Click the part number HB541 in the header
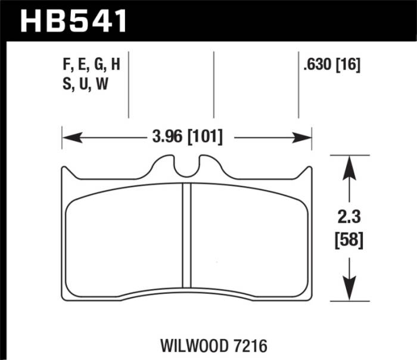(75, 21)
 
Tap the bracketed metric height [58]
(350, 240)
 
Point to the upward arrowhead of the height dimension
(350, 167)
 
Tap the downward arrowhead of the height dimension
(350, 291)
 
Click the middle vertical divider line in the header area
(213, 83)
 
